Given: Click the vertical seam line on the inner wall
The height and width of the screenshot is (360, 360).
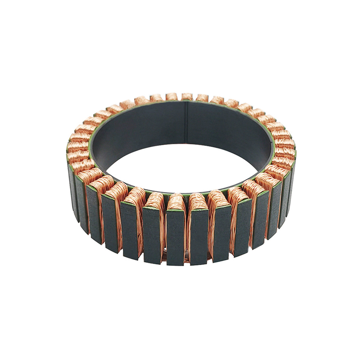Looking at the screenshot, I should point(186,122).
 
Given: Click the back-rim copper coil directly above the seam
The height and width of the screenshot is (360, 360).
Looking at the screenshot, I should point(187,96).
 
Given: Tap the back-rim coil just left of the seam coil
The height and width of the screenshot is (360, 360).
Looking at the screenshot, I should point(172,96).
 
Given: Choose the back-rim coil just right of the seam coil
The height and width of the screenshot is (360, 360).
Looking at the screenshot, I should point(202,97).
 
